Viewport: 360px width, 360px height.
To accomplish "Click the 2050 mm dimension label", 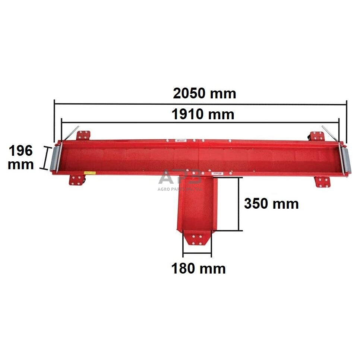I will coord(205,93).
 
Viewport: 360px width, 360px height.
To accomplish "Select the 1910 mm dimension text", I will coord(203,114).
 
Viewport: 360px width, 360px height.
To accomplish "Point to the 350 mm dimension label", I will coord(271,204).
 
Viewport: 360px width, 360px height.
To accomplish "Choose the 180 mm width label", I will coord(198,268).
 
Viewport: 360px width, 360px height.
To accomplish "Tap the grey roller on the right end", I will coord(344,159).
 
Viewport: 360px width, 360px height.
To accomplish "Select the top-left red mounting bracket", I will coord(84,135).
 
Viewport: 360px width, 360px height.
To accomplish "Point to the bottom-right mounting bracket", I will coord(322,182).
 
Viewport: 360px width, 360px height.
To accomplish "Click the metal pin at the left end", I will coord(73,133).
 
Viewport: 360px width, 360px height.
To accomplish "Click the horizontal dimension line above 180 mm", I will coord(197,256).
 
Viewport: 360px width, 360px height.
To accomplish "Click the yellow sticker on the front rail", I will coord(89,173).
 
